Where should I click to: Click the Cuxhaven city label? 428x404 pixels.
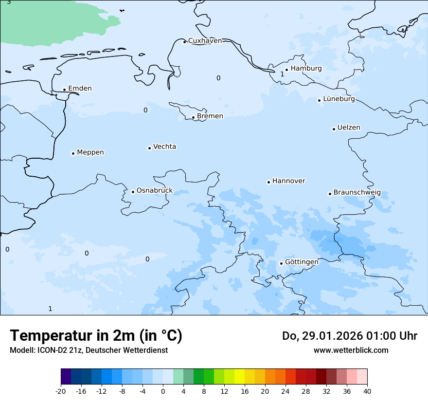[x=205, y=41]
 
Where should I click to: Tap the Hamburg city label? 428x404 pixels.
[x=306, y=69]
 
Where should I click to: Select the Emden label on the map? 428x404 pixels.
[x=80, y=89]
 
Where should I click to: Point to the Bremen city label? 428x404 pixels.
[x=210, y=116]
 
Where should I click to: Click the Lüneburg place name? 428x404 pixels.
[x=339, y=99]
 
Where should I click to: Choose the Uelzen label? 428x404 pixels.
[x=349, y=128]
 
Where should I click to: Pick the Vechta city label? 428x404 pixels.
[x=164, y=147]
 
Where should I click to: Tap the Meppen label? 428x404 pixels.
[x=90, y=153]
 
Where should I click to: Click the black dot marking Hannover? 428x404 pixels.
[x=268, y=182]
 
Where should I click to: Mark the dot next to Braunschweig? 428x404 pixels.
[x=330, y=194]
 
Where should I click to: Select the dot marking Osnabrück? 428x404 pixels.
[x=133, y=192]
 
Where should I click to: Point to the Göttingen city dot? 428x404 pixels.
[x=281, y=263]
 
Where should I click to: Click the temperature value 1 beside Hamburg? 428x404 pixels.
[x=282, y=74]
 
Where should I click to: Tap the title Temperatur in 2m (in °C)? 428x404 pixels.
[x=96, y=336]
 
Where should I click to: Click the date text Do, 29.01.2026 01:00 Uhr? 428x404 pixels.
[x=349, y=336]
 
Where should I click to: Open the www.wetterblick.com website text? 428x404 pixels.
[x=351, y=350]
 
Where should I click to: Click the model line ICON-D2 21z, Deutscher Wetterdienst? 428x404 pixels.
[x=89, y=350]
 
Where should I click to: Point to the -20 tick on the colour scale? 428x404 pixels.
[x=61, y=391]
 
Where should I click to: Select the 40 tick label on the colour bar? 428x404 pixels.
[x=367, y=391]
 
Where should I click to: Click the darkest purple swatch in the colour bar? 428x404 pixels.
[x=66, y=377]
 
